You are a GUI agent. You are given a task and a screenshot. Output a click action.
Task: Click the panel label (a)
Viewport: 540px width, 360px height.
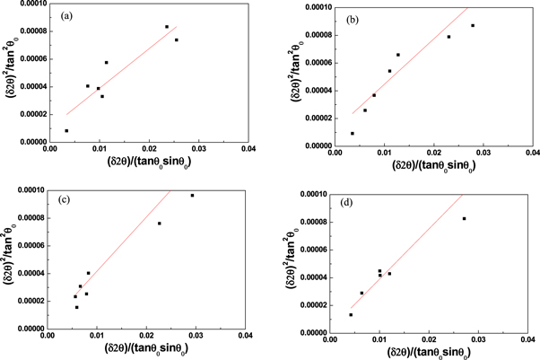(68, 17)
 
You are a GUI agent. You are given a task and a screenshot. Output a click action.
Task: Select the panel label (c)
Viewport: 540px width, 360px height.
(68, 198)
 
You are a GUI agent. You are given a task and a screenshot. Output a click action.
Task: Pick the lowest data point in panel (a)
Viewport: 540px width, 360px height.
(66, 130)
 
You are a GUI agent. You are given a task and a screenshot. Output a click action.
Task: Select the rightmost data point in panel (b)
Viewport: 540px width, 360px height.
(473, 25)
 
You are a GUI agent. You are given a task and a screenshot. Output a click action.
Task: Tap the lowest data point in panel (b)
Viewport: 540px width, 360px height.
(353, 133)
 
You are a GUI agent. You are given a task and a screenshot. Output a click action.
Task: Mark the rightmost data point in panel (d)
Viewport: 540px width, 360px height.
(464, 218)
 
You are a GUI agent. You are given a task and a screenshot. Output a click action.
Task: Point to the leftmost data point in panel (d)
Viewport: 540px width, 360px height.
(351, 314)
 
